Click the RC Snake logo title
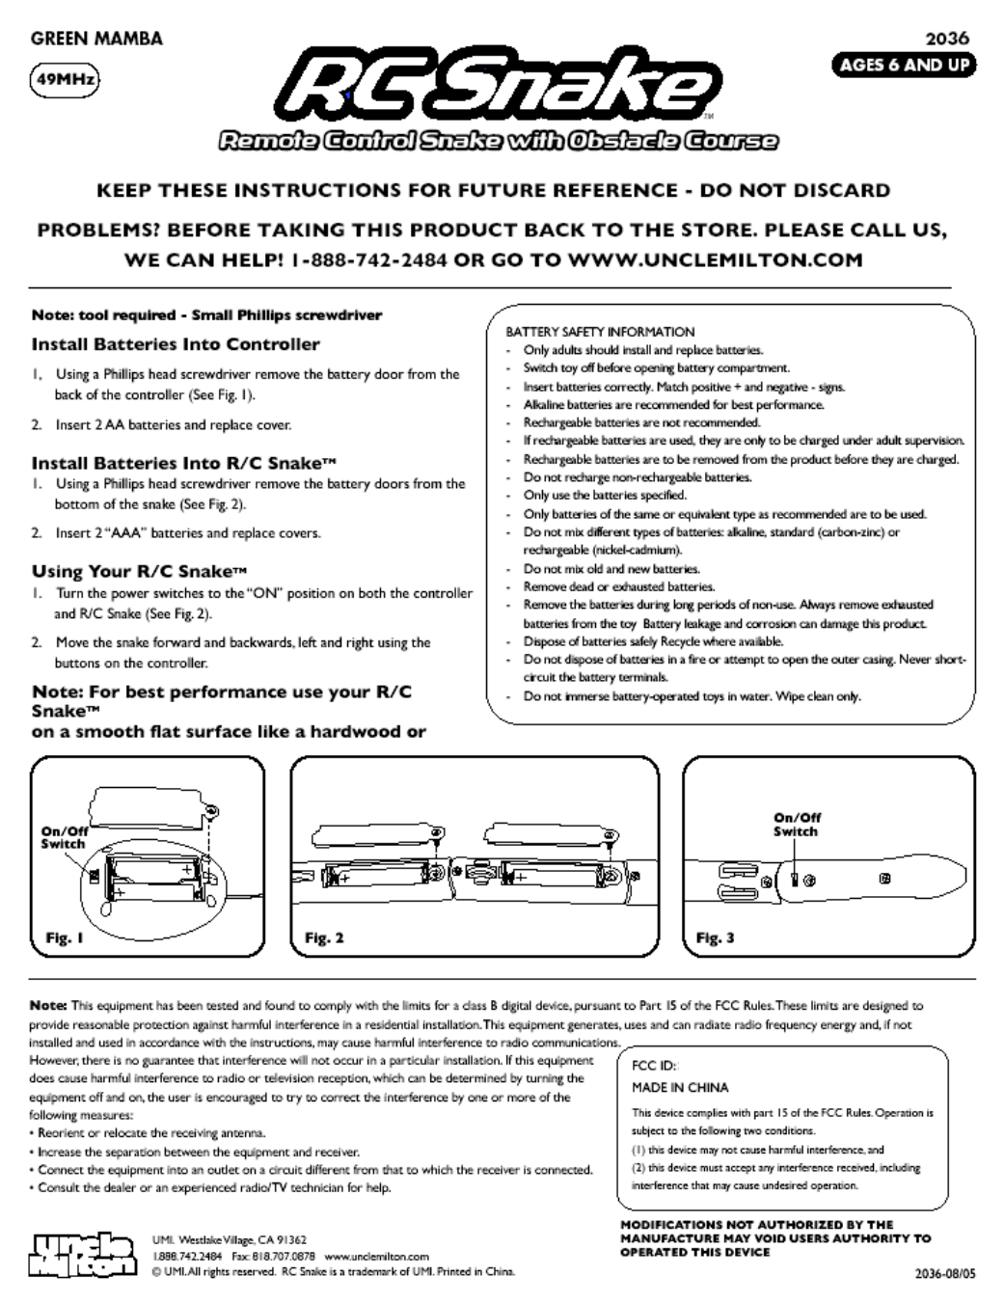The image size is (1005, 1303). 502,87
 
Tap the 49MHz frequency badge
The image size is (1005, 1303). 65,79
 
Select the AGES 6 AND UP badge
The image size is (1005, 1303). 904,66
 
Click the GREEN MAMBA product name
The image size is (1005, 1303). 96,39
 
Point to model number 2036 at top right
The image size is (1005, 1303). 946,39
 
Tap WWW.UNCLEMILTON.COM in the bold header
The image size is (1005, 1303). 715,260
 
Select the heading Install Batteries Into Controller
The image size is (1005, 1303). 176,344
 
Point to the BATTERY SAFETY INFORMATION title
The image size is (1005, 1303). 600,332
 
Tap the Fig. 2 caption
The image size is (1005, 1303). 324,937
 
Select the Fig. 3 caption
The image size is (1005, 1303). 715,937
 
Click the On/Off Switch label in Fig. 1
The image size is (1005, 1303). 64,837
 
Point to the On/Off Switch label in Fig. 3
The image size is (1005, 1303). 796,825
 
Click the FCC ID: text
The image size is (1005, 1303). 655,1067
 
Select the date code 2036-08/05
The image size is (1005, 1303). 944,1273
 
